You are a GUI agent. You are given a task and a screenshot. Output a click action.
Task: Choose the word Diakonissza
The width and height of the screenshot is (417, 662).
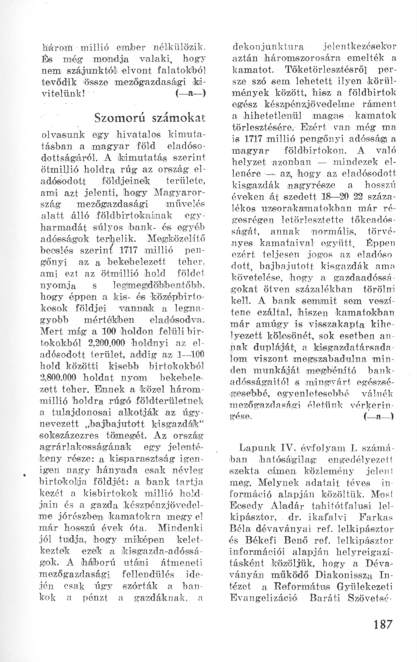343,575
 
